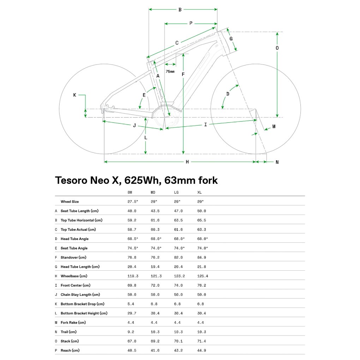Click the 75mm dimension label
tap(170, 71)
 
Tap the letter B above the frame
tap(180, 10)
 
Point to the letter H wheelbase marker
tap(187, 162)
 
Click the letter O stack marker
tap(277, 48)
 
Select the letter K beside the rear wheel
tap(74, 95)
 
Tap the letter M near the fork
tap(274, 126)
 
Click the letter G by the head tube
tap(231, 39)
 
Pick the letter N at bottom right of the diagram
tap(277, 162)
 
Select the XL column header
tap(199, 192)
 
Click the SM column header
tap(130, 192)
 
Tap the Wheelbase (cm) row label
tap(74, 276)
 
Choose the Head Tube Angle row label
tap(74, 239)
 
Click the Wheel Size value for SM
tap(133, 202)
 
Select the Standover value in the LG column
tap(178, 257)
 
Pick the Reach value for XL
tap(202, 350)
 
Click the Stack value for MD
tap(155, 341)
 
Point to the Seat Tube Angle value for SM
tap(133, 248)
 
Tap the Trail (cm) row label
tap(69, 332)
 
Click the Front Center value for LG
tap(178, 286)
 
